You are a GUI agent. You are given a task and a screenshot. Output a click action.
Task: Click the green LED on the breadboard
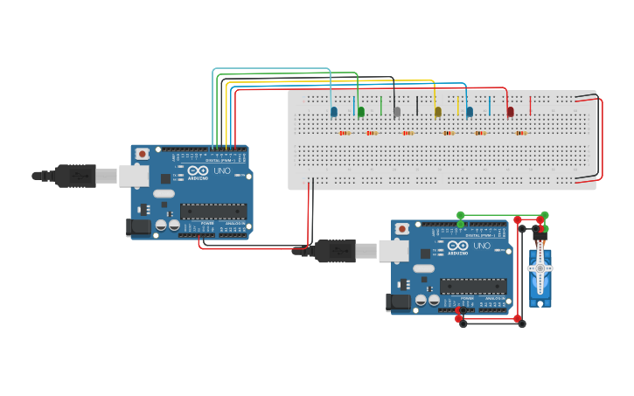361,112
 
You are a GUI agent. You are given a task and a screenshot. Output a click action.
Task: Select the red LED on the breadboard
511,112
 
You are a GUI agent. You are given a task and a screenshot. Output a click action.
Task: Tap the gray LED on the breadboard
397,112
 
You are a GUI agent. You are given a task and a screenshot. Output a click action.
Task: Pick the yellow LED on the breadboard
438,112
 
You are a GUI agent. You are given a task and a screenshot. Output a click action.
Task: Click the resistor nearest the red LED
521,134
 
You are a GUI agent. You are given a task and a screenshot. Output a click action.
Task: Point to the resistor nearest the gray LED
408,134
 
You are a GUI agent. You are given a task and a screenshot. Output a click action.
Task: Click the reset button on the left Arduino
142,154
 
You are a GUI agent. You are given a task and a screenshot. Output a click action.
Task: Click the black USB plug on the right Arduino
336,251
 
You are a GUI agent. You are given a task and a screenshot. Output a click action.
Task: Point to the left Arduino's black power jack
137,227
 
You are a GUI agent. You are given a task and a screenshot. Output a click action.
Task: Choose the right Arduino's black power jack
398,302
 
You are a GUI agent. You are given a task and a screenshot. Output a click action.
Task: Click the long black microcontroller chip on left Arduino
213,211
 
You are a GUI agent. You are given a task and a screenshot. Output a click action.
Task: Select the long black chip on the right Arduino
473,286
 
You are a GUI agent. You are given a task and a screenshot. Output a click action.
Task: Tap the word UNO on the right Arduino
482,247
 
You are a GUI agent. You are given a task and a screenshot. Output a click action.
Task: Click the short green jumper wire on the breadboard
381,106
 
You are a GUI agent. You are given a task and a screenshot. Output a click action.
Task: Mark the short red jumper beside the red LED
530,106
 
